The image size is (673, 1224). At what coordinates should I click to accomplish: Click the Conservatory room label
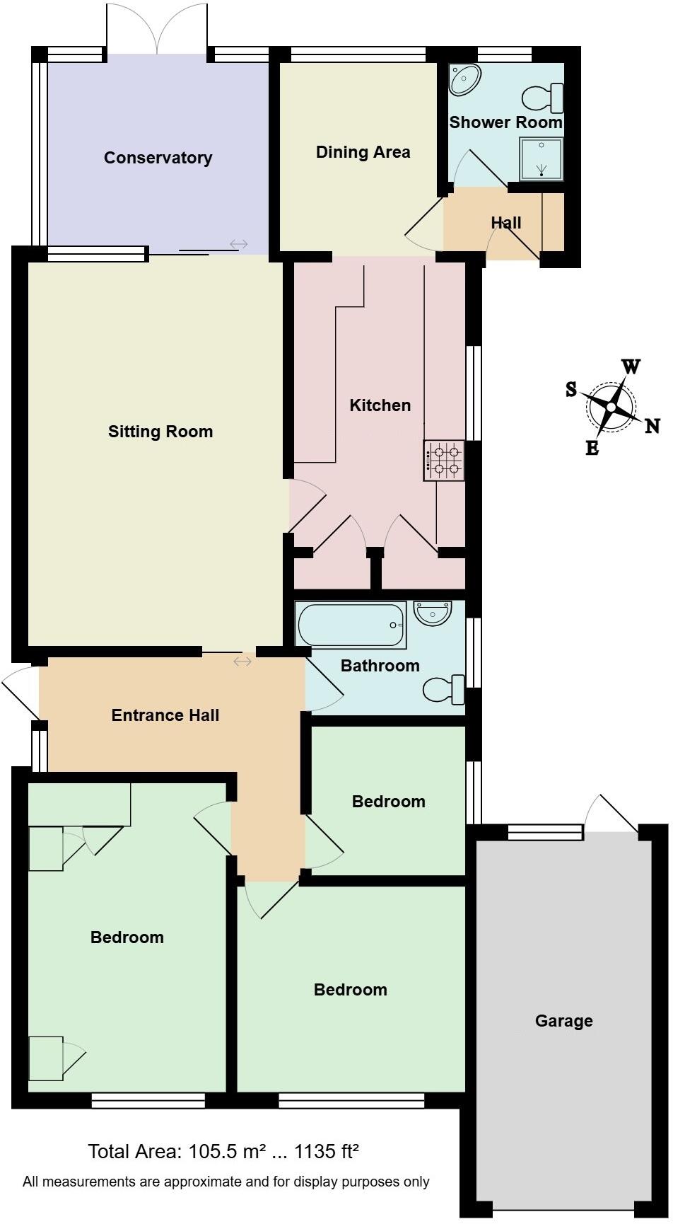point(158,158)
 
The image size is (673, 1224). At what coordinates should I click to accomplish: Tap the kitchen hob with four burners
point(444,461)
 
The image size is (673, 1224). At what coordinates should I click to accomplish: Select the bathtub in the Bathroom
point(351,625)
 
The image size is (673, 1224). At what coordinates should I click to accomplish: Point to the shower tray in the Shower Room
point(542,159)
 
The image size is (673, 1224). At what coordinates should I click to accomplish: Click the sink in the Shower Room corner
point(465,79)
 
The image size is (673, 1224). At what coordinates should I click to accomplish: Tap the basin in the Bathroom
point(432,613)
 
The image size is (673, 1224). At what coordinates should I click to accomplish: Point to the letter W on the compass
point(631,366)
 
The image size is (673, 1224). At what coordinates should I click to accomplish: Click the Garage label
point(563,1021)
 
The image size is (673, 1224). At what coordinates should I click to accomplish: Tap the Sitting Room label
point(160,432)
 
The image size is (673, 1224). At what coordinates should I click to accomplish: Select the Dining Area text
point(363,152)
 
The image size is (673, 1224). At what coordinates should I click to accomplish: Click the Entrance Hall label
point(165,715)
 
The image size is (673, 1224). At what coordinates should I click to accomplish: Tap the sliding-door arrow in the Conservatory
point(239,245)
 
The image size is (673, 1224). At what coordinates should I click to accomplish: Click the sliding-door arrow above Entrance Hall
point(242,662)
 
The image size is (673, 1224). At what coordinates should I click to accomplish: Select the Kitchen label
point(380,405)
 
